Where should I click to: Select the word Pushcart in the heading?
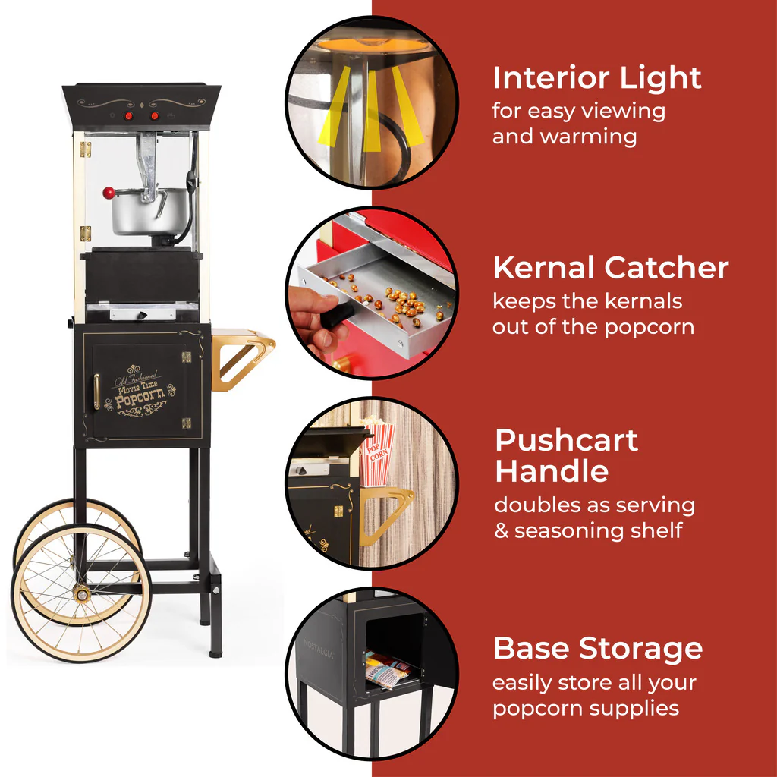pyautogui.click(x=566, y=441)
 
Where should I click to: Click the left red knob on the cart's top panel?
pyautogui.click(x=129, y=116)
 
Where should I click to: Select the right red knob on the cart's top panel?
pyautogui.click(x=156, y=116)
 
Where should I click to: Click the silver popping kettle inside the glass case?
pyautogui.click(x=141, y=212)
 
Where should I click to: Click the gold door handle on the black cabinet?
pyautogui.click(x=96, y=391)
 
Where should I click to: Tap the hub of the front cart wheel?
pyautogui.click(x=80, y=593)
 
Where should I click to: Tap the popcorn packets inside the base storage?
pyautogui.click(x=388, y=668)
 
